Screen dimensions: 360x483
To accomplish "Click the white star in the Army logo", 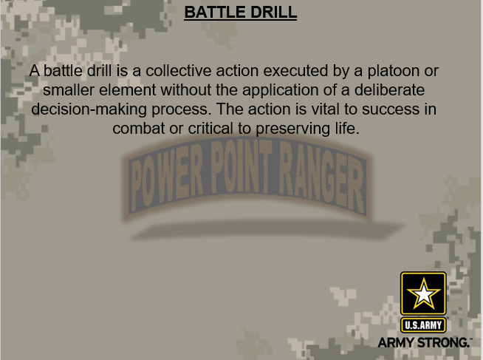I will (x=423, y=295).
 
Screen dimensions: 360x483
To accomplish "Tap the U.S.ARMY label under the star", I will (x=423, y=325).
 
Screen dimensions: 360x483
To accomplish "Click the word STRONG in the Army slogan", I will (x=445, y=342).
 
